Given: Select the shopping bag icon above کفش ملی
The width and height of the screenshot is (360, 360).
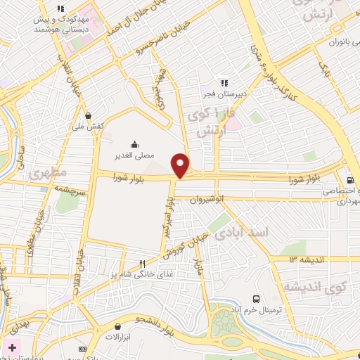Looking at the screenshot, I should point(88,115).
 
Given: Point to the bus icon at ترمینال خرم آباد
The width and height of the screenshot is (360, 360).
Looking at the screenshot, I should point(256,299).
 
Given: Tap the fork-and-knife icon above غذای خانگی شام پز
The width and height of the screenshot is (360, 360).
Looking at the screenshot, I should point(142,262).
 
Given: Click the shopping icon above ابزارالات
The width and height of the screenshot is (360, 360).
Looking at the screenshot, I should point(117,326).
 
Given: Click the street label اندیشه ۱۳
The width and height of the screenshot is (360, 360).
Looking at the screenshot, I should point(304,260).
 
